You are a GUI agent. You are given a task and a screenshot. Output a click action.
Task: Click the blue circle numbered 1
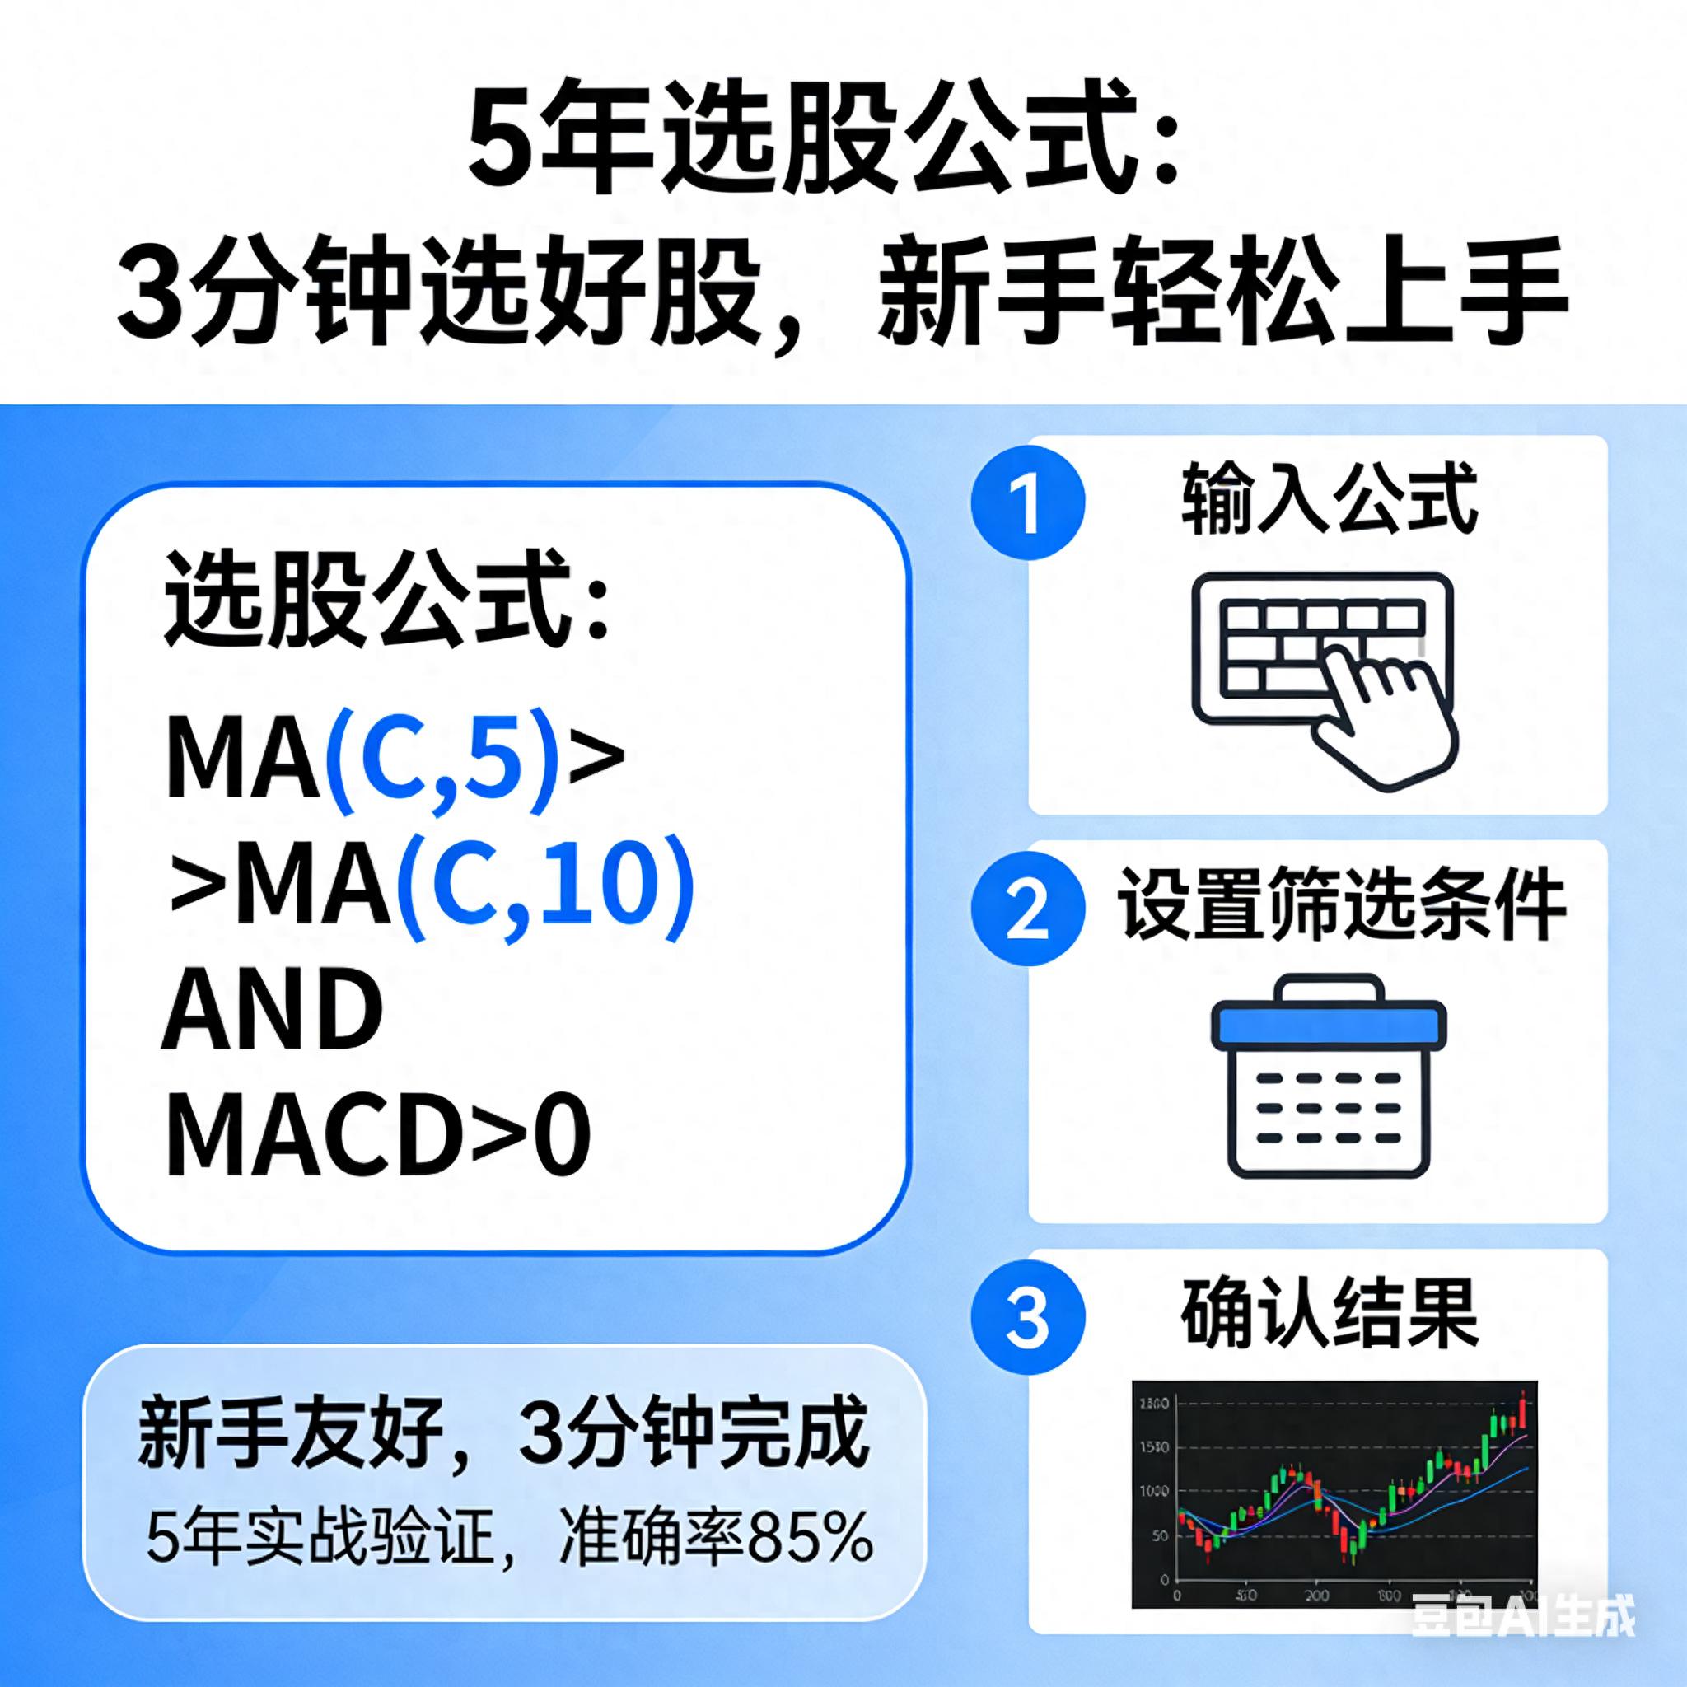coord(1028,503)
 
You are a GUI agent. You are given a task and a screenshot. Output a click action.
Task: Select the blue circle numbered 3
coord(1028,1319)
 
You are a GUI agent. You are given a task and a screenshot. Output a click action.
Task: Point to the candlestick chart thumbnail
coord(1334,1493)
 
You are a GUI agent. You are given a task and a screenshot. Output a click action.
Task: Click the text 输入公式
coord(1329,499)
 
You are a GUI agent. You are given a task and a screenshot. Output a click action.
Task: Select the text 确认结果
coord(1329,1313)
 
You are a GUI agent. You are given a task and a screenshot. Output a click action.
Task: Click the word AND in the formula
coord(273,1009)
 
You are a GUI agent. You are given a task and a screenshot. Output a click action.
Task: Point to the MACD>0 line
coord(377,1135)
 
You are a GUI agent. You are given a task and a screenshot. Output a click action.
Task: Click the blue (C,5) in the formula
coord(442,756)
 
